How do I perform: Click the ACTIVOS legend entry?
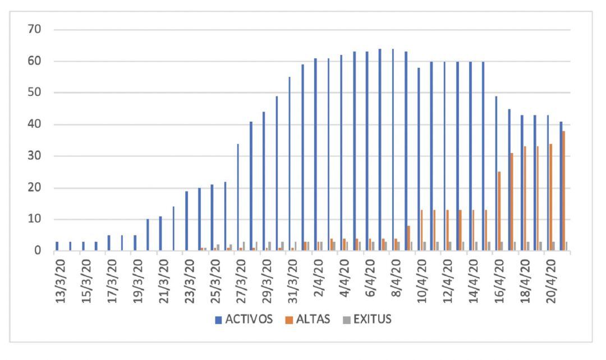245,320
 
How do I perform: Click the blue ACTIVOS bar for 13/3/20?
57,246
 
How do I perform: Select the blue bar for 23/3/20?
186,221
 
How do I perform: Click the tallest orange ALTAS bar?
564,191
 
